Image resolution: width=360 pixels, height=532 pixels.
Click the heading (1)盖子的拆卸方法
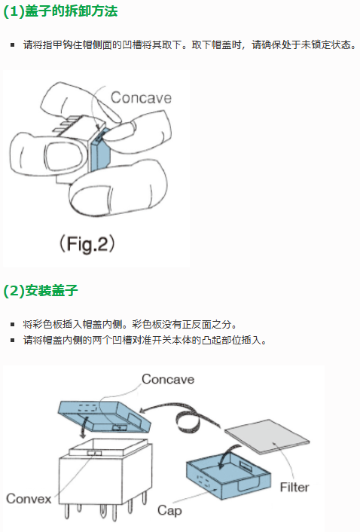(x=60, y=11)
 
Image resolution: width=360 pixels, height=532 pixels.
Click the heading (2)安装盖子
(x=41, y=291)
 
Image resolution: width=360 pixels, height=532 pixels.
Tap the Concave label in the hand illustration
(x=141, y=98)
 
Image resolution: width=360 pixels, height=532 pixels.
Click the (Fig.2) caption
(x=87, y=243)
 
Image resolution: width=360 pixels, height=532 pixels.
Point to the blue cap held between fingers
(x=100, y=151)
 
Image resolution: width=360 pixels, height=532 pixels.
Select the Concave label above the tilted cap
(x=168, y=379)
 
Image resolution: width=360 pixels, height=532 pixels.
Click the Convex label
(x=29, y=498)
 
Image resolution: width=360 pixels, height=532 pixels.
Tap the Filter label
(x=294, y=488)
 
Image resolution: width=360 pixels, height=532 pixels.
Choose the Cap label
(x=169, y=510)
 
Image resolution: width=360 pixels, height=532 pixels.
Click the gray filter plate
(x=267, y=436)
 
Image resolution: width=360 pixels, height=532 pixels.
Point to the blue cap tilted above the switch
(x=105, y=416)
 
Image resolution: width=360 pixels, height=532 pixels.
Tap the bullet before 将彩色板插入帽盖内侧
(x=13, y=324)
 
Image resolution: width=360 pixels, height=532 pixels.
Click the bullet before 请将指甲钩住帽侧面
(x=13, y=44)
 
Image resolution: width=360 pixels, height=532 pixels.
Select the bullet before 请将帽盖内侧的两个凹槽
(x=13, y=340)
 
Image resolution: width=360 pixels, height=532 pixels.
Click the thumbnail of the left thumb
(x=64, y=157)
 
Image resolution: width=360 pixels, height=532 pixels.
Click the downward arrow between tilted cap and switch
(x=82, y=428)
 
